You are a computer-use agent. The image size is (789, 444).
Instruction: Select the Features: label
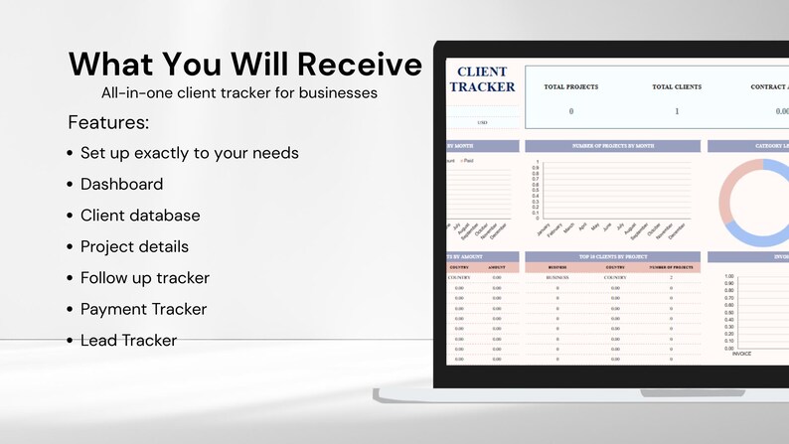[x=108, y=123]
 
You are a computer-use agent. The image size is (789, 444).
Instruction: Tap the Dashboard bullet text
[x=121, y=184]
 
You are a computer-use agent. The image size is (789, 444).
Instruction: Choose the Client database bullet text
[x=140, y=216]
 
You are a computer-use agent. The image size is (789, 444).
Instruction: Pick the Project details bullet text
[x=134, y=246]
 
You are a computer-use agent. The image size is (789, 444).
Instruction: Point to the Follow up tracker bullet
[x=144, y=278]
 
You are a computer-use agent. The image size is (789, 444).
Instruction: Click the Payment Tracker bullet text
[x=143, y=309]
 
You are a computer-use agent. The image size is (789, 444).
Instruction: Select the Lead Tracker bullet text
[x=128, y=341]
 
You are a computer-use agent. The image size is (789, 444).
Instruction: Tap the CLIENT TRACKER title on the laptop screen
[x=482, y=79]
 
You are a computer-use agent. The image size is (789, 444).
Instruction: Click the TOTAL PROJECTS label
[x=570, y=87]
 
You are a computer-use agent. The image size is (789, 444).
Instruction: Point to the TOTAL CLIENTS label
[x=677, y=87]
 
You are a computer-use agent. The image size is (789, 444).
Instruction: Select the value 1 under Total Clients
[x=677, y=111]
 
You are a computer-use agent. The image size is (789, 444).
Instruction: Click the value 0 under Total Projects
[x=570, y=111]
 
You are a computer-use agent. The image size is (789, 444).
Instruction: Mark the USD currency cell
[x=482, y=122]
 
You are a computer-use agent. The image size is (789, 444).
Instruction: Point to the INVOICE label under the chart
[x=741, y=354]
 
